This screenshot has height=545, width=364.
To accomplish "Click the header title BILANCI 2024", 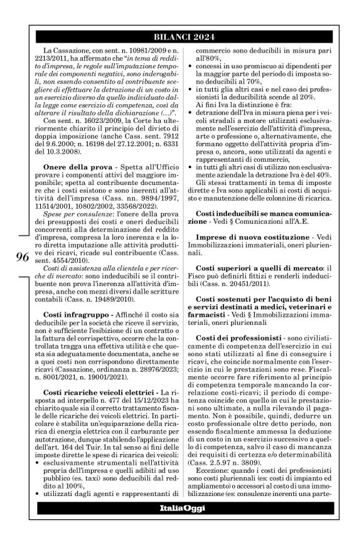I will point(181,35).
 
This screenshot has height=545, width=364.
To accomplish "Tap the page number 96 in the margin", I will point(21,257).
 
